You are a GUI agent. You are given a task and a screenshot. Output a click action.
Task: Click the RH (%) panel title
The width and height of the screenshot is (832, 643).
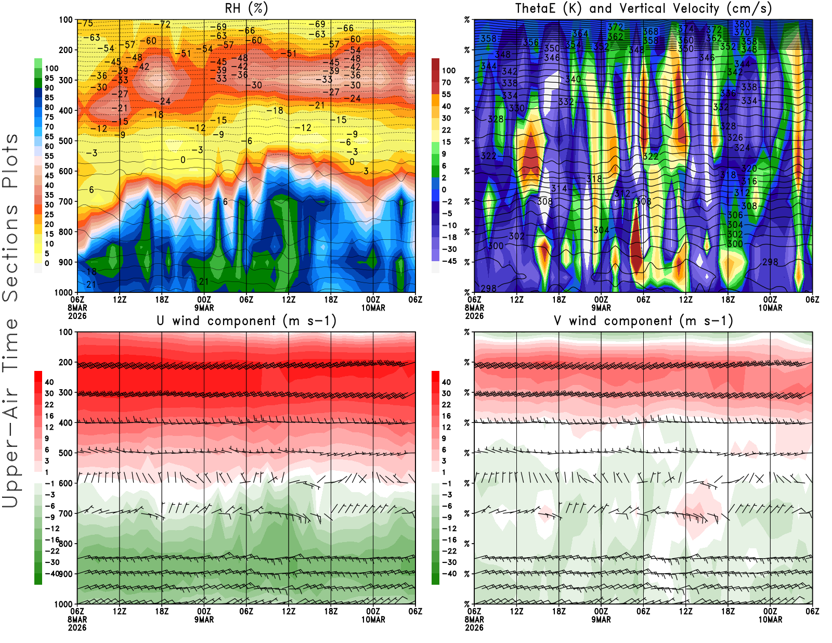click(246, 8)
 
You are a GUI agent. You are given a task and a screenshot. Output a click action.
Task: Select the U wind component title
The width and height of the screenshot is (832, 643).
click(246, 320)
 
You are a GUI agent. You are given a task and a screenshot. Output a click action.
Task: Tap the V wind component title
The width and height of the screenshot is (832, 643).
click(643, 320)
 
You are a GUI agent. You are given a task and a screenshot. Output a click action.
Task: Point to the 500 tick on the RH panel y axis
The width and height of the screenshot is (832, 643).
click(66, 140)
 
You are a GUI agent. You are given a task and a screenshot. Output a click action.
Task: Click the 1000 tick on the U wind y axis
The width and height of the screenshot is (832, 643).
click(63, 604)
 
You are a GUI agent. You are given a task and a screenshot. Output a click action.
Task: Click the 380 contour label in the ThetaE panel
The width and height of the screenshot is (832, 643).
click(742, 24)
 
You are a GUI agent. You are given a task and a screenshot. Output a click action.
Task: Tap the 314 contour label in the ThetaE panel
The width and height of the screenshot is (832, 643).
click(559, 188)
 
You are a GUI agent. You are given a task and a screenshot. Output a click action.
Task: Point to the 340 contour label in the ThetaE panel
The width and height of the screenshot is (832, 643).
click(573, 79)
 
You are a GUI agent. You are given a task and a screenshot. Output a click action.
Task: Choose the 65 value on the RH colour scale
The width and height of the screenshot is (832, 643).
click(49, 136)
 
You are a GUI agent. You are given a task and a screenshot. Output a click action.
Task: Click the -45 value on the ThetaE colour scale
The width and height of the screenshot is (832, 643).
click(449, 261)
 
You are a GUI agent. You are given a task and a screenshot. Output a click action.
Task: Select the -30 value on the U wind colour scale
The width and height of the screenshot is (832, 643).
click(52, 562)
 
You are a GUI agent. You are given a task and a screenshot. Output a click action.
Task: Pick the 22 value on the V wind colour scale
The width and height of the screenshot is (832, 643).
click(446, 405)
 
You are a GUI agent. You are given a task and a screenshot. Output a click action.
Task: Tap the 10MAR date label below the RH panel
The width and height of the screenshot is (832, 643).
click(373, 308)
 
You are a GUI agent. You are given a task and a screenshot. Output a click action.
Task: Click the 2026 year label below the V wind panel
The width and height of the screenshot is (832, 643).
click(474, 627)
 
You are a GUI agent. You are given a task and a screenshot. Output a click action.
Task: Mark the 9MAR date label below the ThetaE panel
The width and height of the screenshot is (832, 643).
click(601, 308)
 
